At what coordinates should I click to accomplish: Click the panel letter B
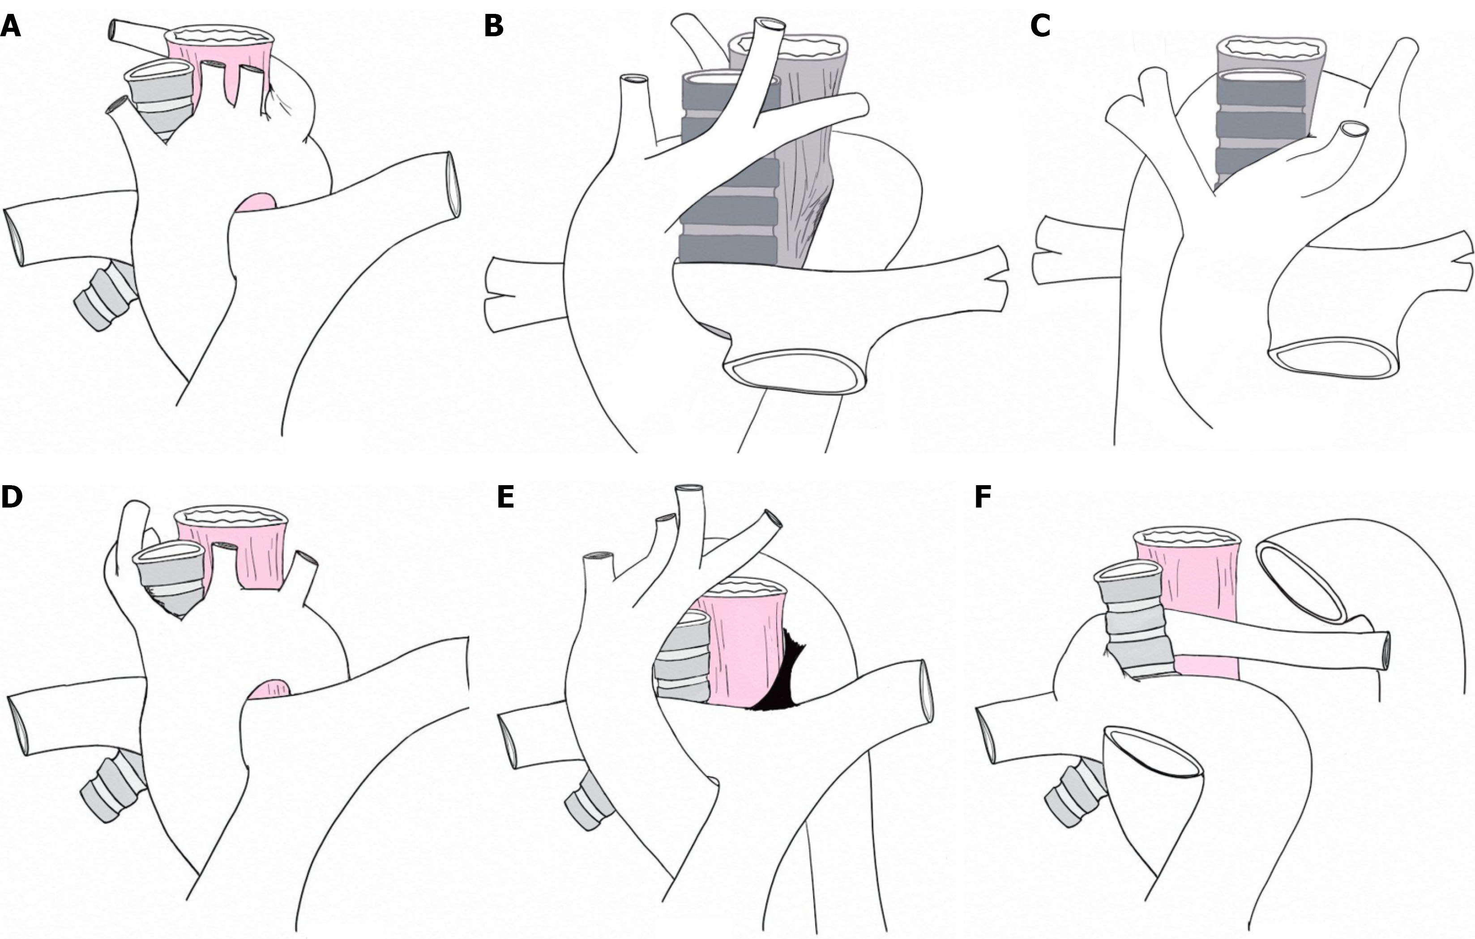[494, 26]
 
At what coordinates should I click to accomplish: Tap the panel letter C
[1040, 26]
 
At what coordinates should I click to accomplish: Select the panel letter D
[12, 497]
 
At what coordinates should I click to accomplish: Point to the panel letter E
[505, 497]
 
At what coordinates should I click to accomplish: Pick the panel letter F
[983, 497]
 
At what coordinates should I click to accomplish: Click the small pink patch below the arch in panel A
[257, 203]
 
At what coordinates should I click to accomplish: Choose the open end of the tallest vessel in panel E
[688, 490]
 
